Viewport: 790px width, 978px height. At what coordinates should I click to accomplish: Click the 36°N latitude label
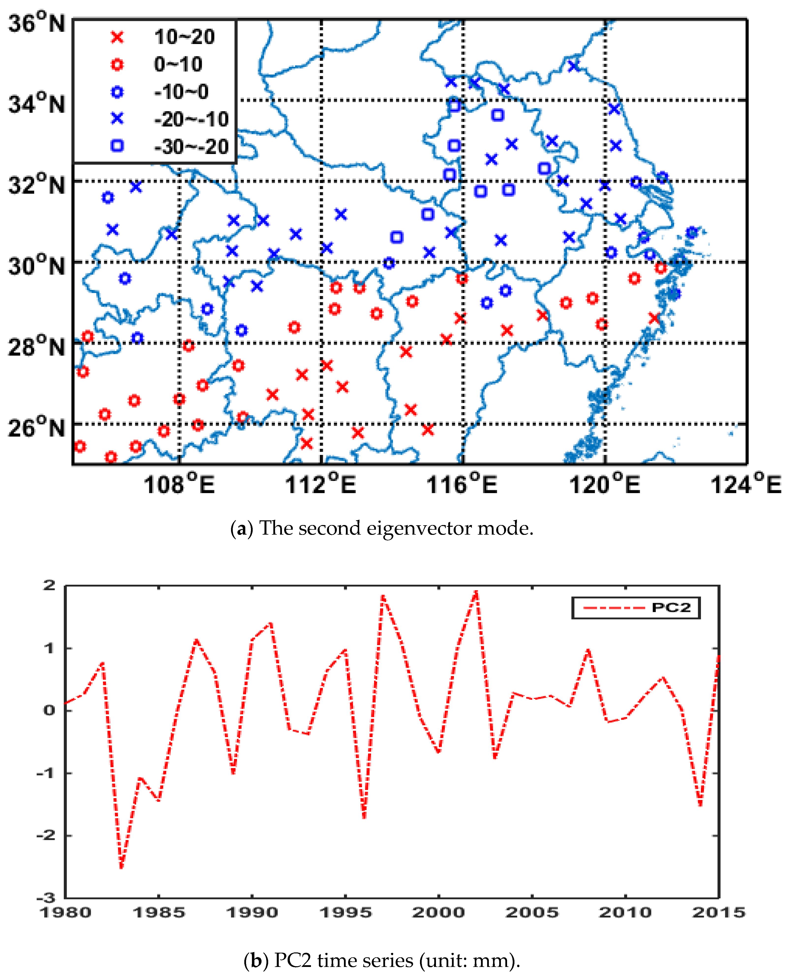pyautogui.click(x=36, y=23)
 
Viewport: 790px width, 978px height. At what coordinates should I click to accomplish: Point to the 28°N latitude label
pyautogui.click(x=36, y=347)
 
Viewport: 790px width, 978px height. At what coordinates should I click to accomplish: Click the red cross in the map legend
pyautogui.click(x=117, y=37)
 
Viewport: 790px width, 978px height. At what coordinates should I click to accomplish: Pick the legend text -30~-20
pyautogui.click(x=191, y=147)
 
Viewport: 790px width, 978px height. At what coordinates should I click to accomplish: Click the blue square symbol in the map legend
pyautogui.click(x=117, y=146)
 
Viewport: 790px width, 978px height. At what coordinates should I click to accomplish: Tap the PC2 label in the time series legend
pyautogui.click(x=671, y=608)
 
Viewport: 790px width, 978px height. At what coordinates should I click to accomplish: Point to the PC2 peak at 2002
pyautogui.click(x=476, y=591)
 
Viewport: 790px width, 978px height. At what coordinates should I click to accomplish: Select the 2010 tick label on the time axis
pyautogui.click(x=625, y=913)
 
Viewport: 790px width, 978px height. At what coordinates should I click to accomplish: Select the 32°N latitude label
pyautogui.click(x=36, y=185)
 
